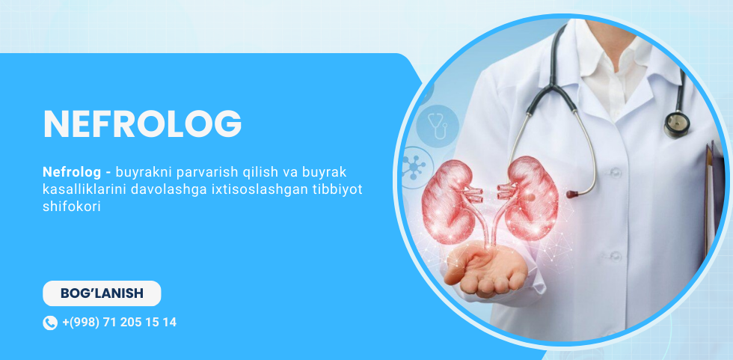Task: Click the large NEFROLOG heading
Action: pos(142,124)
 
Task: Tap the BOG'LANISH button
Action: pos(102,293)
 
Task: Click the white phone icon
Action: pos(50,323)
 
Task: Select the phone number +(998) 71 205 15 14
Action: pos(119,322)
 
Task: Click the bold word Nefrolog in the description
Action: pos(72,173)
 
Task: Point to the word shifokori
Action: pos(72,207)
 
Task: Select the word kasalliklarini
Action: pos(86,190)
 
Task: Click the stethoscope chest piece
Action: pos(676,124)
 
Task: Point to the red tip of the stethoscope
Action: pos(571,194)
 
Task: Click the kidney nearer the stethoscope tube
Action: pos(530,198)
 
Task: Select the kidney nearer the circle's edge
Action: pos(448,201)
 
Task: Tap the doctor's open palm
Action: pos(485,271)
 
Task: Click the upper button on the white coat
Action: pos(615,172)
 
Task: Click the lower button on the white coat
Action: pos(616,256)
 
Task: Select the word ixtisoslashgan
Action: pos(263,190)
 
